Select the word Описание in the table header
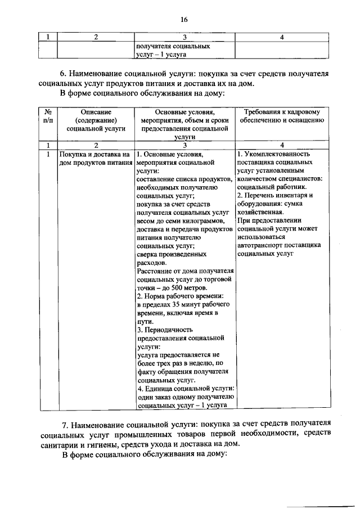95,111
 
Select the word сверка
147,254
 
